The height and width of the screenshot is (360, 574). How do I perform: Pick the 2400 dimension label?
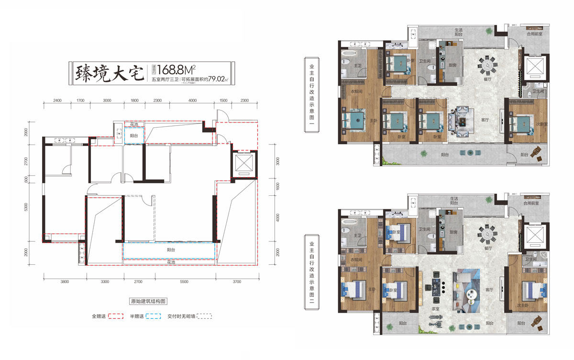click(57, 100)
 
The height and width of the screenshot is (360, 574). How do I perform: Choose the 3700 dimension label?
click(237, 282)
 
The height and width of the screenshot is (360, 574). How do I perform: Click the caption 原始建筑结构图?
click(148, 302)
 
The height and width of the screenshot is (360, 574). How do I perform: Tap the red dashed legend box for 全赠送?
click(116, 316)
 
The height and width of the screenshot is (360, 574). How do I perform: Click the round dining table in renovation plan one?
click(488, 64)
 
